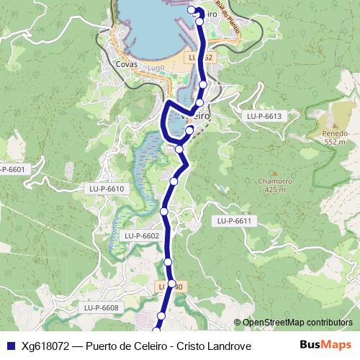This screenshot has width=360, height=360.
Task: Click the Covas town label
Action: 127,63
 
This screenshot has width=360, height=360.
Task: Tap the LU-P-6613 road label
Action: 263,116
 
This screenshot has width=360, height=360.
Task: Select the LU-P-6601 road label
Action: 12,169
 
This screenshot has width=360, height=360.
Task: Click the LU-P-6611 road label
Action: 235,221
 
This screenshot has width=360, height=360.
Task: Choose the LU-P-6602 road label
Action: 141,235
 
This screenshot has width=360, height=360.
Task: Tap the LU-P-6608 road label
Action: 100,308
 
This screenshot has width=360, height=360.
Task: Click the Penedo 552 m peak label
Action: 336,137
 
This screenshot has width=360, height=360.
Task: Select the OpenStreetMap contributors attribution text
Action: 297,323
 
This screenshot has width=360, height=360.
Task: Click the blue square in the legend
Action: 10,346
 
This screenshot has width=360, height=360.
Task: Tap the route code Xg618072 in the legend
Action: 45,346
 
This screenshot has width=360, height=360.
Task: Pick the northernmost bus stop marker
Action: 191,9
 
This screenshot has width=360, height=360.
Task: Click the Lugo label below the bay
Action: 156,68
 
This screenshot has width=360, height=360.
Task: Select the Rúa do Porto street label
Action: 228,18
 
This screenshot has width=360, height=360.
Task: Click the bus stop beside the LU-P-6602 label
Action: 164,211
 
